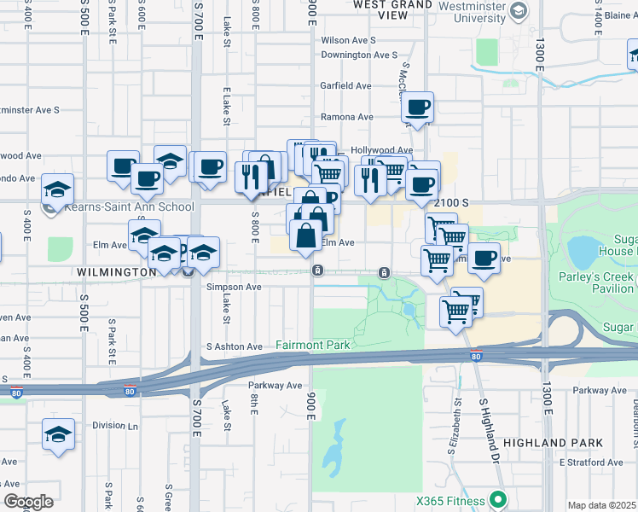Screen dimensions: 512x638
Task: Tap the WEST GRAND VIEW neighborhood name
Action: tap(392, 9)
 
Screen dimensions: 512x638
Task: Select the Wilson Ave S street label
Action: tap(348, 40)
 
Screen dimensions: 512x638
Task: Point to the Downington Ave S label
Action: tap(359, 55)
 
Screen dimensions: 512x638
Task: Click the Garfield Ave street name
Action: tap(345, 86)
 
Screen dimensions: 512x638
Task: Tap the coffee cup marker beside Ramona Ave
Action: tap(417, 108)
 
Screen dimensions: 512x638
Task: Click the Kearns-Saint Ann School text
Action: tap(127, 207)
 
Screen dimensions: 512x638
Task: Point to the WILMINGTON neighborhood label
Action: tap(116, 272)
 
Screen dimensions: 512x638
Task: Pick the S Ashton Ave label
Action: tap(235, 346)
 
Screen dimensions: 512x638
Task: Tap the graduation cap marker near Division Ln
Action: tap(57, 433)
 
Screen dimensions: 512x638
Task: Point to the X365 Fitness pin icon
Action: tap(497, 500)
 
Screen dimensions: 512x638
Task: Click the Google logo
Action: tap(27, 501)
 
